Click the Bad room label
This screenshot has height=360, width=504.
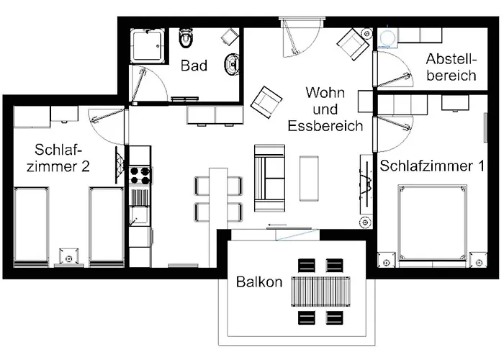pyautogui.click(x=194, y=66)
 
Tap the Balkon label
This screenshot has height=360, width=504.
pyautogui.click(x=258, y=282)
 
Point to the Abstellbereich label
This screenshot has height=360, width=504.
pyautogui.click(x=451, y=66)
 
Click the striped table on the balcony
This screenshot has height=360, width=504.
pyautogui.click(x=320, y=292)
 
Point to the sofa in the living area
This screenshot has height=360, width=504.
pyautogui.click(x=269, y=173)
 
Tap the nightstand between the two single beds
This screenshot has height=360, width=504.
pyautogui.click(x=69, y=256)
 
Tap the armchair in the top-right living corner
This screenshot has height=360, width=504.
pyautogui.click(x=354, y=45)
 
